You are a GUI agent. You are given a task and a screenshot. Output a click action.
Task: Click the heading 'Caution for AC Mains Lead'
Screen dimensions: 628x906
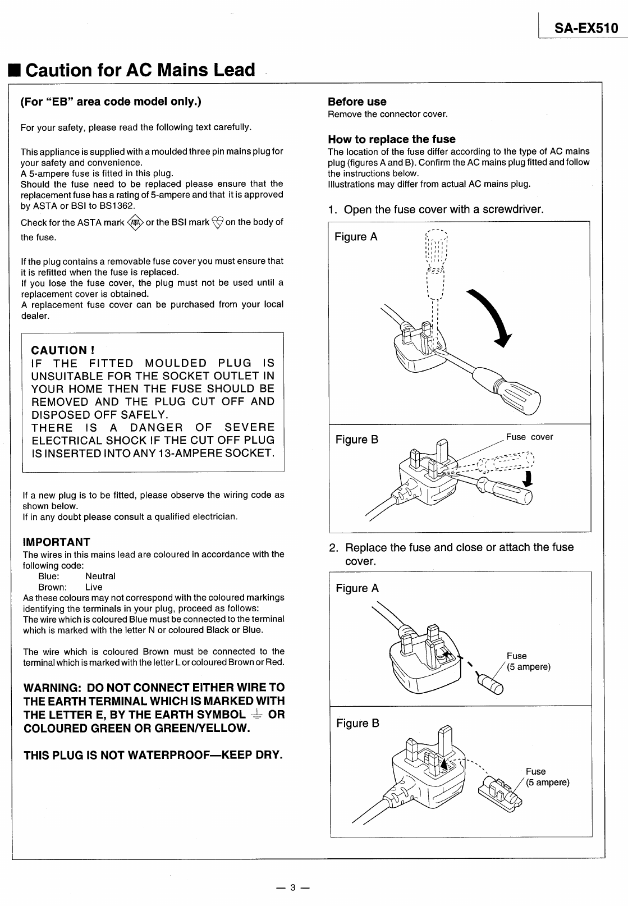[x=140, y=70]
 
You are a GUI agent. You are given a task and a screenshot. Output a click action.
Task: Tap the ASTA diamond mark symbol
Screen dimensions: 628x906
[x=136, y=223]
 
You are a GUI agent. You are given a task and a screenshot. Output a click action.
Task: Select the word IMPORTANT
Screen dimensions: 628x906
[x=56, y=542]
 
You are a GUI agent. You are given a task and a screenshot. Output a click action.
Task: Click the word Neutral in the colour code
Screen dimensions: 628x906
[x=100, y=576]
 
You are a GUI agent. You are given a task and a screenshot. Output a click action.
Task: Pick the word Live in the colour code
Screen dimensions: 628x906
[x=94, y=587]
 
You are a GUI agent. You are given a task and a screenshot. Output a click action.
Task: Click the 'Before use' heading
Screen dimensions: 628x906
[x=357, y=102]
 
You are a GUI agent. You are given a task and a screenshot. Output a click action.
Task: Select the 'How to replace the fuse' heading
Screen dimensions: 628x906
[x=391, y=139]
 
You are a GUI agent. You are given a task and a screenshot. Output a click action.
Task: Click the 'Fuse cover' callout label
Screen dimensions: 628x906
[x=529, y=437]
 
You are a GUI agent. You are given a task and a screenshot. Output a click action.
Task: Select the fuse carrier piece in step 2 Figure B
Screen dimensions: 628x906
[x=500, y=793]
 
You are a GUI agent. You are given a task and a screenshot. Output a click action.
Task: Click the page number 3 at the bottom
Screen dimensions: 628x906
[x=292, y=888]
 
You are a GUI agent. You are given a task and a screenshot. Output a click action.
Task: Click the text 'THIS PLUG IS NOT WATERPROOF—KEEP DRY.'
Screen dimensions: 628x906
[x=153, y=755]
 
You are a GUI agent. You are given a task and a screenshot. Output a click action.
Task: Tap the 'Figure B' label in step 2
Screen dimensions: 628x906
[x=357, y=724]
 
